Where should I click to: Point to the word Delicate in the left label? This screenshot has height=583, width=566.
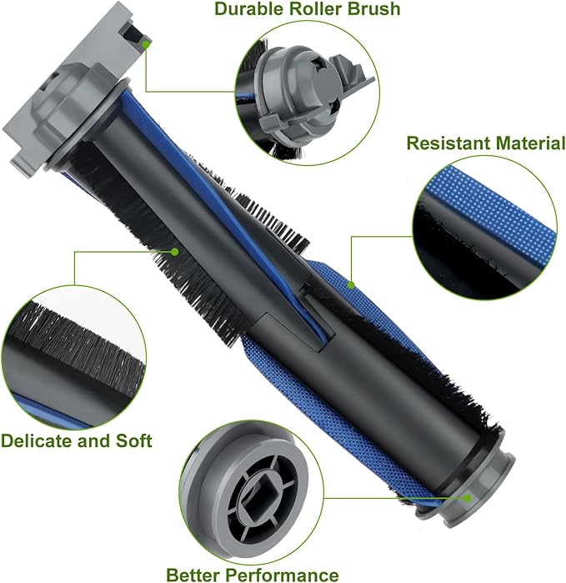coord(38,440)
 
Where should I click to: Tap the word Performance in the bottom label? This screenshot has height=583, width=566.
coord(288,574)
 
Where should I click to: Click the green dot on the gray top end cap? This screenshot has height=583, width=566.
coord(147,43)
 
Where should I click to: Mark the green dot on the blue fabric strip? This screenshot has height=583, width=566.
coord(352,285)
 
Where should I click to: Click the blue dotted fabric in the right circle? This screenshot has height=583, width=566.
coord(492,200)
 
